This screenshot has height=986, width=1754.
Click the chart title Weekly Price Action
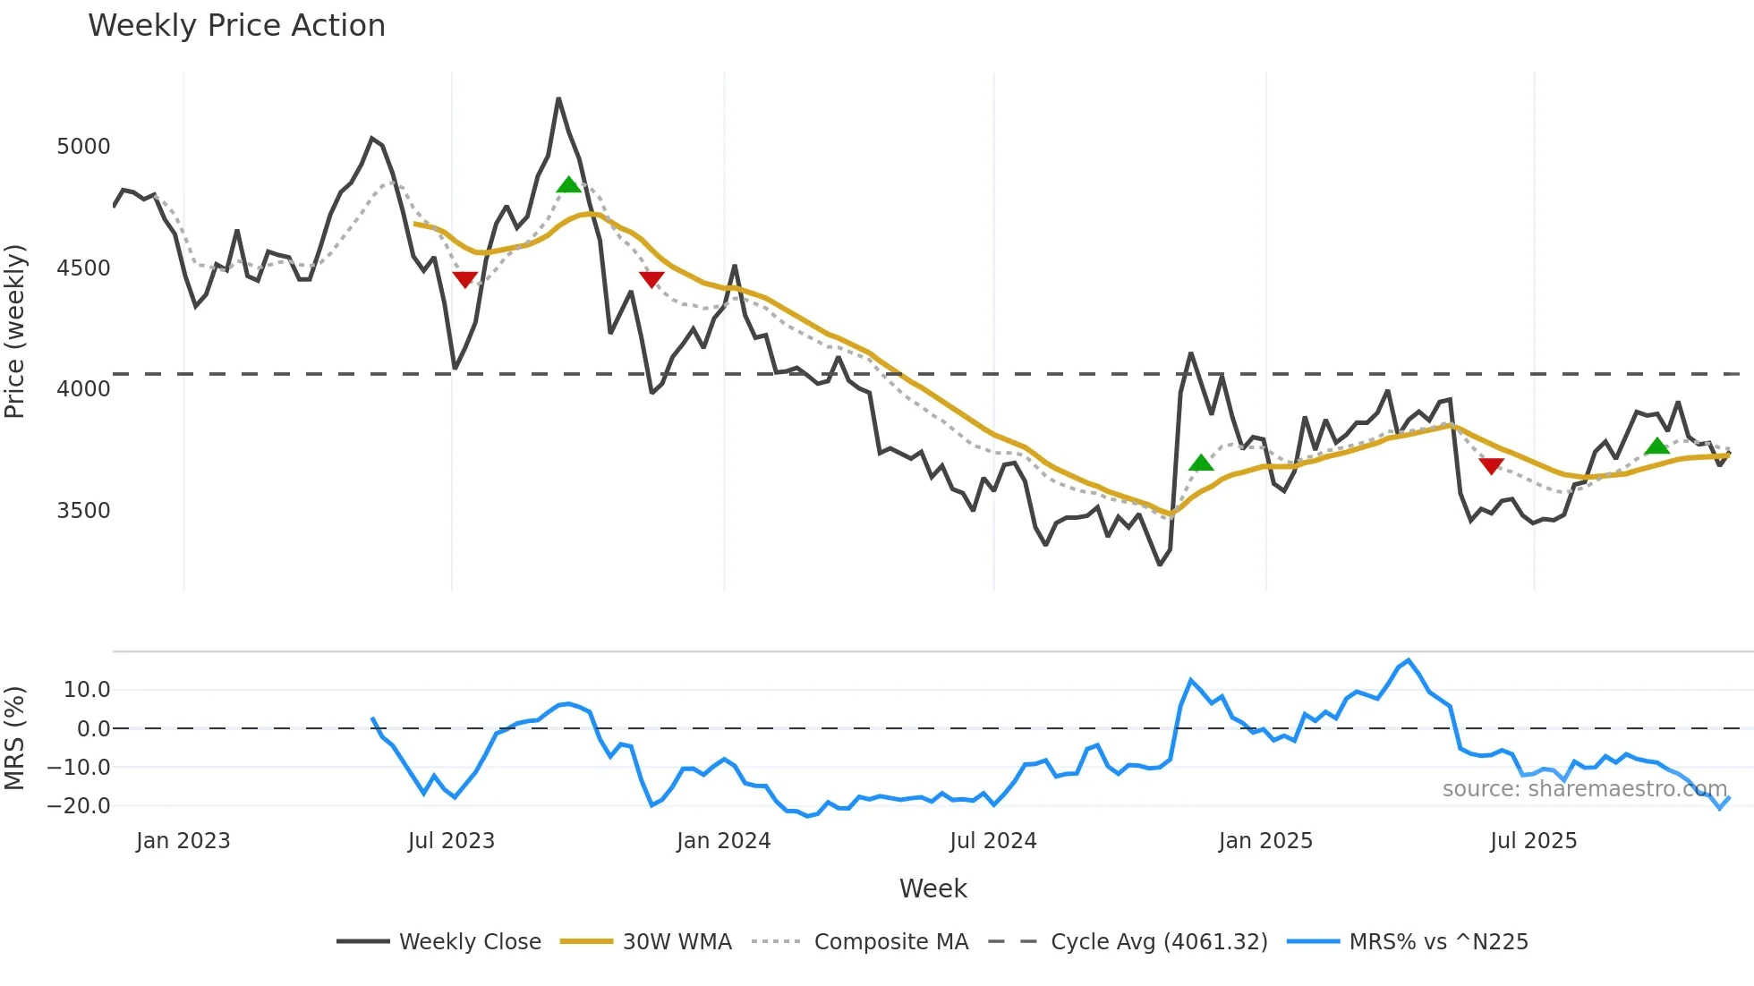[x=236, y=26]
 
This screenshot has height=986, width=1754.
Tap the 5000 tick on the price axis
[x=83, y=147]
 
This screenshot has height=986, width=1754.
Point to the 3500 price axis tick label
[x=83, y=511]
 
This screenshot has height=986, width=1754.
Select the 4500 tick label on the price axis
[x=83, y=268]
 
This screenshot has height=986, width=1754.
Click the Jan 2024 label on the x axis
[x=723, y=841]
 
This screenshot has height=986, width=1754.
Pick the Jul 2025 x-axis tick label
[x=1533, y=841]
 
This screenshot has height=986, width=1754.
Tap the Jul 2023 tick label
[x=451, y=841]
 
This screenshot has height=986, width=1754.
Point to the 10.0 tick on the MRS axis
[x=87, y=690]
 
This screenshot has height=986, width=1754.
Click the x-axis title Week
[x=932, y=888]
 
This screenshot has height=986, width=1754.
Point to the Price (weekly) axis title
[x=15, y=331]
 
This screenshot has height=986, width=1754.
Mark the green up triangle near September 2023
[x=568, y=185]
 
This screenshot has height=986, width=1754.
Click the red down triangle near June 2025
[x=1491, y=465]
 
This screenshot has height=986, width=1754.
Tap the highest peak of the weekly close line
[x=558, y=98]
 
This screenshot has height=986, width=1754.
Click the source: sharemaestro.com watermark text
[x=1584, y=789]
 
